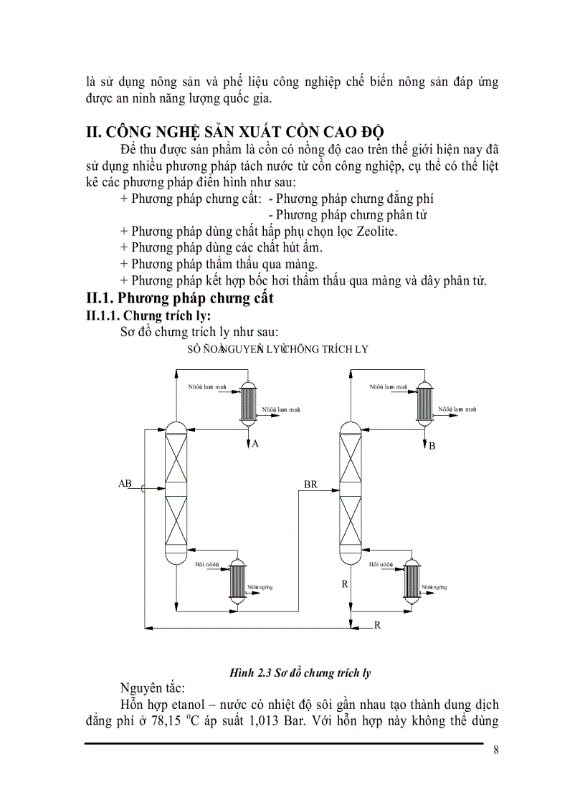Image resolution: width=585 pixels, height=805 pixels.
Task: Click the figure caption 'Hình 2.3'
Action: (250, 672)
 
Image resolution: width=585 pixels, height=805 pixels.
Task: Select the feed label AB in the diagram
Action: (125, 484)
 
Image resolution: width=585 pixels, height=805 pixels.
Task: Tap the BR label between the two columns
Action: (310, 485)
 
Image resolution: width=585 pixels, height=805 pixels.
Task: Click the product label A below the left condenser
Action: (255, 444)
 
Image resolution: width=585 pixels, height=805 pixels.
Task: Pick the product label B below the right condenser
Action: (432, 447)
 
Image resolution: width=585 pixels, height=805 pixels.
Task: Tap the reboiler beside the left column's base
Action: (237, 580)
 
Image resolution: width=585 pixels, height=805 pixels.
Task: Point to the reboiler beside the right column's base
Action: (411, 580)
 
